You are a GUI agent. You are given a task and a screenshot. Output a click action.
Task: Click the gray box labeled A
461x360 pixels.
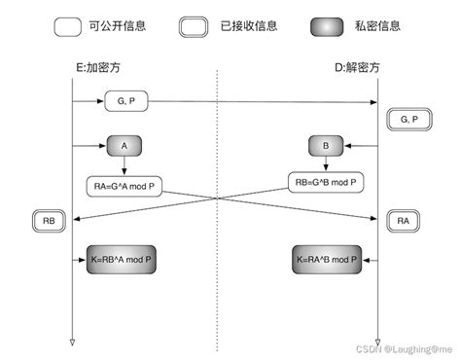pyautogui.click(x=124, y=147)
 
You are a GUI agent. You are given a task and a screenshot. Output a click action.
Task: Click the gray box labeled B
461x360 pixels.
pyautogui.click(x=326, y=147)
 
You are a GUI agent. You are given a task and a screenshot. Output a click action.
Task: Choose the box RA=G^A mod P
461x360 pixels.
pyautogui.click(x=124, y=184)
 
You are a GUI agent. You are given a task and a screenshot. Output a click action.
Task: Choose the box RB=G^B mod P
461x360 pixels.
pyautogui.click(x=326, y=180)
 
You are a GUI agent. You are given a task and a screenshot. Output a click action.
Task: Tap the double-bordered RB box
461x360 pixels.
pyautogui.click(x=49, y=220)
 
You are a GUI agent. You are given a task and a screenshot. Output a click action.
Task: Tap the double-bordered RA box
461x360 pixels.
pyautogui.click(x=404, y=220)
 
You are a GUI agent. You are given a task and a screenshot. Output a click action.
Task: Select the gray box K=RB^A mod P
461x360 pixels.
pyautogui.click(x=124, y=260)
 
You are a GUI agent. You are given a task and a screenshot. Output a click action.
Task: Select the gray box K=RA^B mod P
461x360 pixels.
pyautogui.click(x=326, y=260)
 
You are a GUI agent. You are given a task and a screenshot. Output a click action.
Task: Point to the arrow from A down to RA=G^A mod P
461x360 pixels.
pyautogui.click(x=124, y=165)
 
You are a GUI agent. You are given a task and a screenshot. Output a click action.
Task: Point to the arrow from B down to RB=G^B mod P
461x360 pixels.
pyautogui.click(x=326, y=163)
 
